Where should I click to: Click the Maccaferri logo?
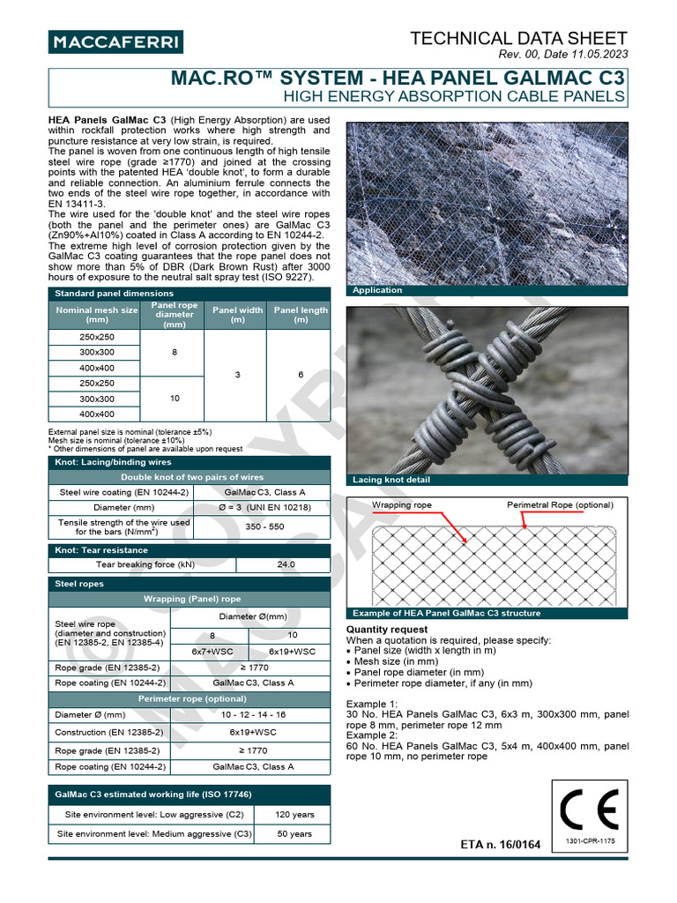115,41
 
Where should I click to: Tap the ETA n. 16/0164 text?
501,845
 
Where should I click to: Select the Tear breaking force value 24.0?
286,564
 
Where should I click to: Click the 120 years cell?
294,814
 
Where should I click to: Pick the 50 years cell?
294,833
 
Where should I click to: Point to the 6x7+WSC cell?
210,651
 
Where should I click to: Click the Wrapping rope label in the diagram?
401,505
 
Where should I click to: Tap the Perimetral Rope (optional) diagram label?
559,505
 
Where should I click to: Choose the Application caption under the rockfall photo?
376,290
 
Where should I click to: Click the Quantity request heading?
387,630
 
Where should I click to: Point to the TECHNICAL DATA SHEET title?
519,38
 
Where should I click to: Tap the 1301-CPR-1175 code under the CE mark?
590,842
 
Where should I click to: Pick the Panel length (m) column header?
301,315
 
